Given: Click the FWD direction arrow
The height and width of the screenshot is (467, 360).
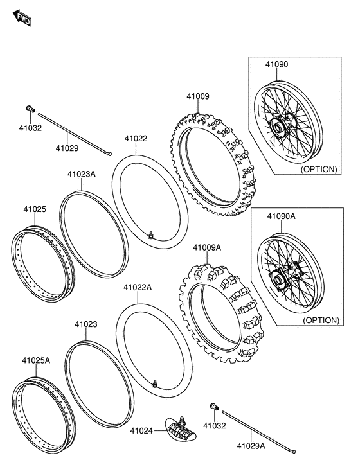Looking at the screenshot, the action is coord(22,18).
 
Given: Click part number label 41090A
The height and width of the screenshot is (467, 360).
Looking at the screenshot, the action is coord(281,216).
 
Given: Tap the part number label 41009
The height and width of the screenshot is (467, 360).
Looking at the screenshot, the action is coord(198,96).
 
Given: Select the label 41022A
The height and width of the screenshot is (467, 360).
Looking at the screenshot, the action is coord(138,287).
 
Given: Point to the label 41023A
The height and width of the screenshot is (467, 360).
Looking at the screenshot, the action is coord(82,174).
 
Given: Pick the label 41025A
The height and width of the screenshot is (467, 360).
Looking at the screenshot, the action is coord(36,360).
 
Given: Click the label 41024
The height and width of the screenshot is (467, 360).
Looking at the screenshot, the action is coord(141,430).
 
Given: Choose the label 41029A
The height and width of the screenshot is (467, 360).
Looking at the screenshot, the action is coord(251,446).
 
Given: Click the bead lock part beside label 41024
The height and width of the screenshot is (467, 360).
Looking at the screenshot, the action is coord(181,429).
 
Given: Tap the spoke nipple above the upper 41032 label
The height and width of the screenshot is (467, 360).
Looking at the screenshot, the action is coord(30,109).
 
